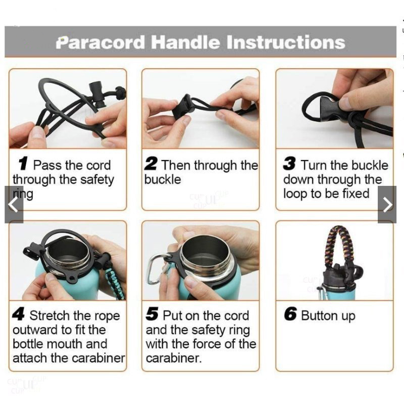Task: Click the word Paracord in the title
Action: click(x=100, y=42)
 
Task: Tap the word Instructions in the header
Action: click(x=286, y=42)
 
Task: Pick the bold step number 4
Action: click(x=19, y=314)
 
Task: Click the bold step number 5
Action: click(x=152, y=314)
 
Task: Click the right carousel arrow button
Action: click(x=387, y=205)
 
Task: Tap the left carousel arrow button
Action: click(x=14, y=205)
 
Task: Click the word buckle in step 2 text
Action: click(x=163, y=179)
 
